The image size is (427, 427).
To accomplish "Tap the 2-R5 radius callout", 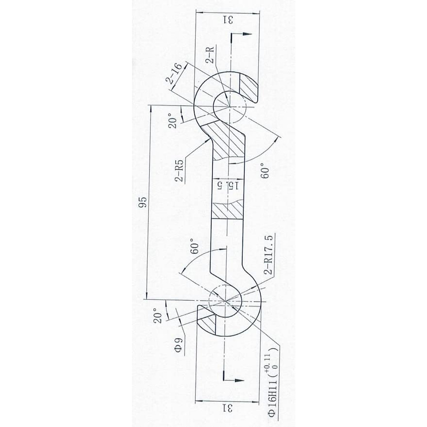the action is pyautogui.click(x=180, y=170).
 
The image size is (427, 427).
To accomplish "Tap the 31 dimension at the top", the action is pyautogui.click(x=227, y=20).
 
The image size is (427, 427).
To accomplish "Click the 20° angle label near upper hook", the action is pyautogui.click(x=173, y=121).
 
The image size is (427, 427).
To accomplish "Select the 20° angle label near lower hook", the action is pyautogui.click(x=158, y=313).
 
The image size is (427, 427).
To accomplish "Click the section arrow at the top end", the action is pyautogui.click(x=242, y=35).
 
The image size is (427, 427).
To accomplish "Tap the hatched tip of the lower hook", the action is pyautogui.click(x=207, y=324).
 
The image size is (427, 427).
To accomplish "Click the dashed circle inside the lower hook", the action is pyautogui.click(x=225, y=301).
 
